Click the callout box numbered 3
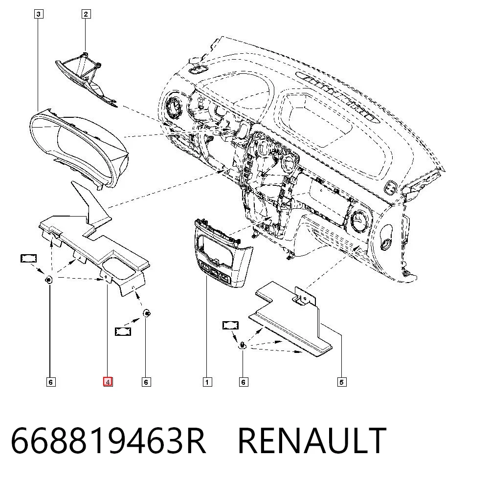[x=38, y=14]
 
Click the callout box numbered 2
[x=86, y=14]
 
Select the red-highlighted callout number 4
[x=108, y=382]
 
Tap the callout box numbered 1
[x=207, y=382]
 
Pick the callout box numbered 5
[x=341, y=382]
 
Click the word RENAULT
[x=312, y=441]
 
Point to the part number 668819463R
[x=108, y=441]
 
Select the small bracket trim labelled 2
[x=87, y=80]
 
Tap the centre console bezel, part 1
[x=223, y=253]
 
